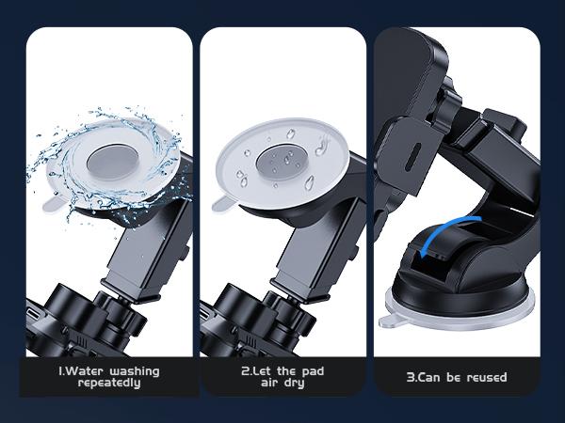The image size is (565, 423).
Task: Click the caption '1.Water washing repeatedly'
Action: [x=108, y=377]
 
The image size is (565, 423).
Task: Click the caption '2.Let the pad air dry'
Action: [x=282, y=377]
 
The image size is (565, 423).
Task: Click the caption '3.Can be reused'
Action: [x=457, y=377]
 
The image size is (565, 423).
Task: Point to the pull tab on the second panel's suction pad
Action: [x=224, y=201]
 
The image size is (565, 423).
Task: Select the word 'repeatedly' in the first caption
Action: [x=108, y=384]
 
